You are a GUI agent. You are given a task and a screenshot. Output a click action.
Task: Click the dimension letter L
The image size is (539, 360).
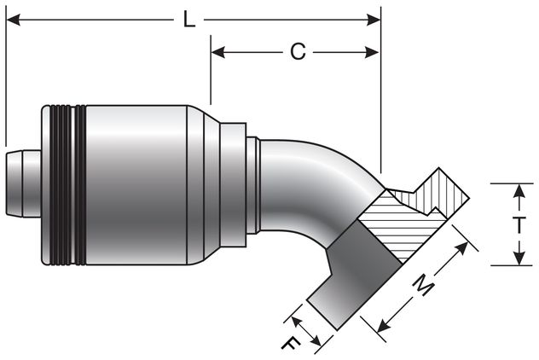coord(189,20)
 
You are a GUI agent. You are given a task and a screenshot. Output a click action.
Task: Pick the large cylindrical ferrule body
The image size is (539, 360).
coord(136,184)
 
